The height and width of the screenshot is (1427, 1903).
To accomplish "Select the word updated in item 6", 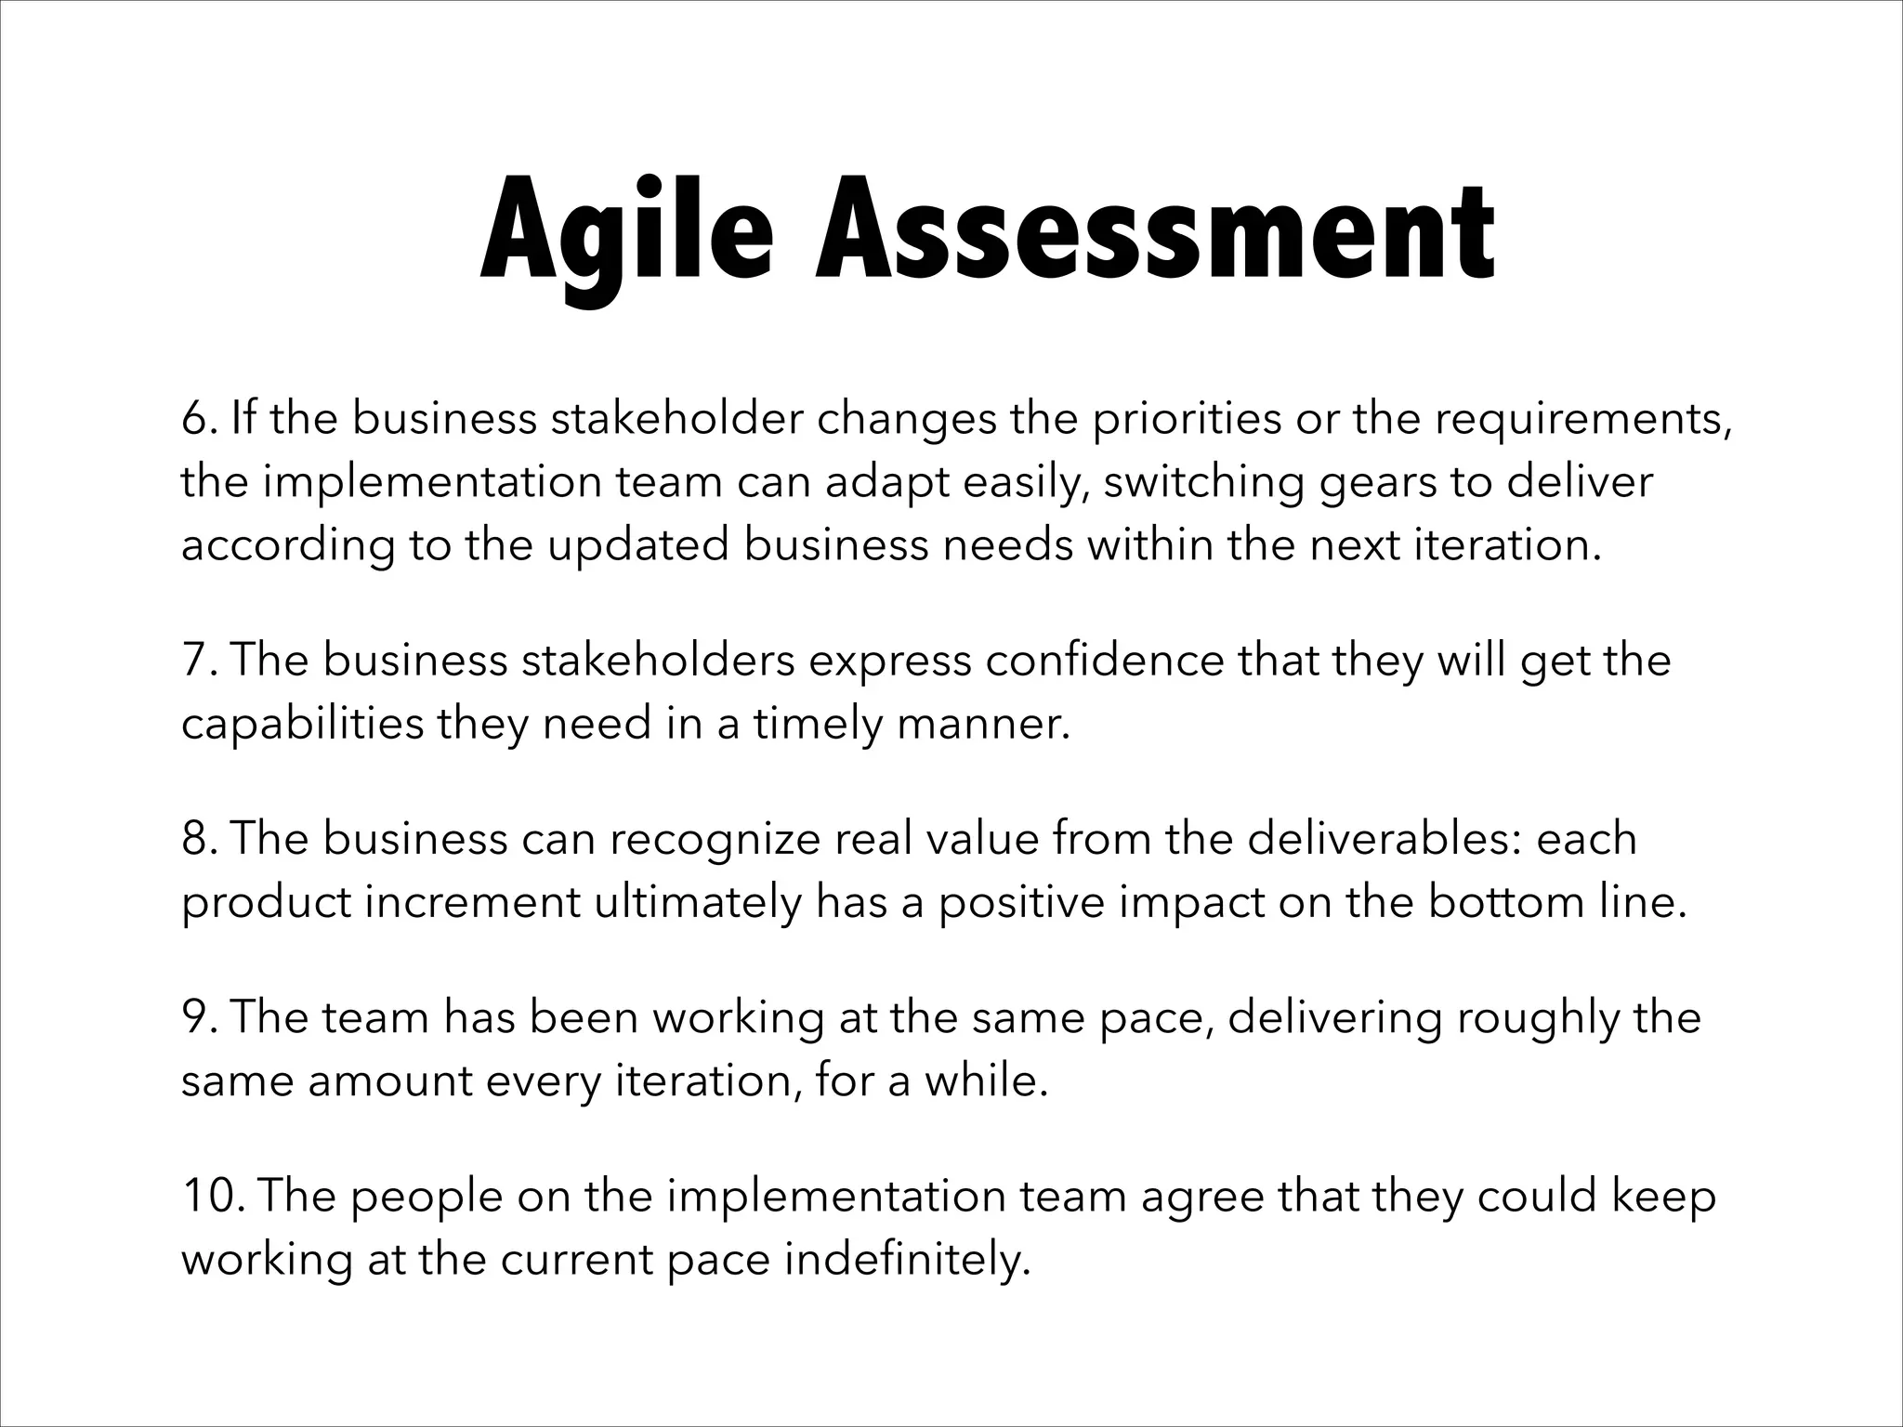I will pyautogui.click(x=637, y=545).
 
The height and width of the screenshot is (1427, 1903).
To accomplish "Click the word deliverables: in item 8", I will pyautogui.click(x=1385, y=839).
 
